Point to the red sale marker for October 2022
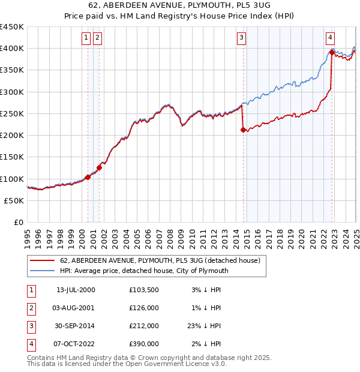331,53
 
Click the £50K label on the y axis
14,201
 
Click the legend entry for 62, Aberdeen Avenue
160,260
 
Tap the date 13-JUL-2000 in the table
76,290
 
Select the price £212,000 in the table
144,326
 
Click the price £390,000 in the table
144,344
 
